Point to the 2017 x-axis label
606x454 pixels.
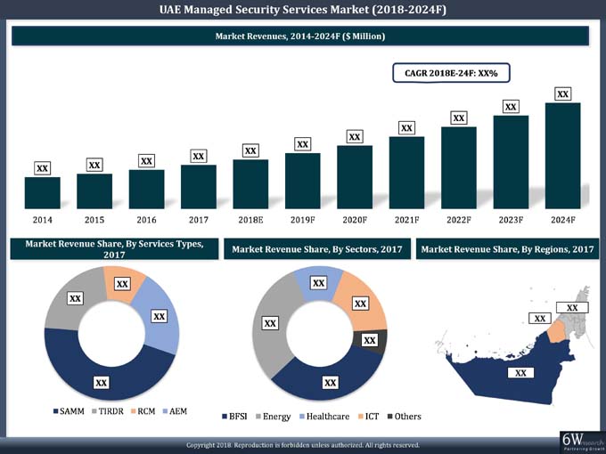click(198, 218)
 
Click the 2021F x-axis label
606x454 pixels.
click(406, 218)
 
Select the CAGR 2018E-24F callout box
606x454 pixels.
click(451, 72)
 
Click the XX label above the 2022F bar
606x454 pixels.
click(458, 118)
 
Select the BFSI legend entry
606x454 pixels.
click(233, 416)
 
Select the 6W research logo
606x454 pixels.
click(580, 441)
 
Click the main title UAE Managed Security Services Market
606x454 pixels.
click(302, 10)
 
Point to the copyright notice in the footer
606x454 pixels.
click(302, 444)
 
